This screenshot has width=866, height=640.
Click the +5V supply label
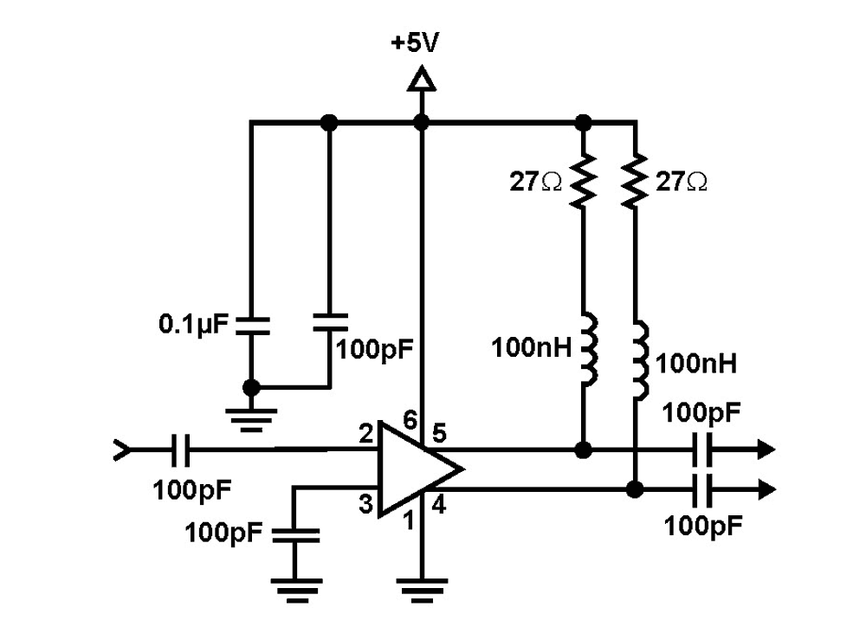click(x=415, y=42)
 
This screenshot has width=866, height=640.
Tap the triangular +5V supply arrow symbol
click(x=422, y=78)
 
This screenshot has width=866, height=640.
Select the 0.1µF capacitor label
click(x=193, y=325)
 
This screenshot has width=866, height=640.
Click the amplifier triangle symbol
click(x=420, y=470)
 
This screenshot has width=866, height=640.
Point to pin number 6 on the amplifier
click(x=410, y=421)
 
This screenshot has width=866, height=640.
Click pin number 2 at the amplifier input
click(x=365, y=434)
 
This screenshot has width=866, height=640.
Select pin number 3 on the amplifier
click(x=365, y=504)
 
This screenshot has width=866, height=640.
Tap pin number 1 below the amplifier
click(x=409, y=520)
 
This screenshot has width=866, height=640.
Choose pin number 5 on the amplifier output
click(x=439, y=434)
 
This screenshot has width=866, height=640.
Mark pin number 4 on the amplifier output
click(x=439, y=505)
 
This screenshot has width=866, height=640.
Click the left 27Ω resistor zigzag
click(x=583, y=181)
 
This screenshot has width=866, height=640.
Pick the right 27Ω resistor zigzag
click(x=635, y=181)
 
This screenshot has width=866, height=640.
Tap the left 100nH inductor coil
click(x=589, y=349)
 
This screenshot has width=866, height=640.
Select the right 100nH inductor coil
click(x=641, y=359)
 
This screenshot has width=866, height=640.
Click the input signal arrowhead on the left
click(x=123, y=450)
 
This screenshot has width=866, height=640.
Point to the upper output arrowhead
click(x=766, y=449)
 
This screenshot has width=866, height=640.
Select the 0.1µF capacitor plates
click(x=252, y=326)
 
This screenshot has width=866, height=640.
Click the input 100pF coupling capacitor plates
click(x=179, y=450)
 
